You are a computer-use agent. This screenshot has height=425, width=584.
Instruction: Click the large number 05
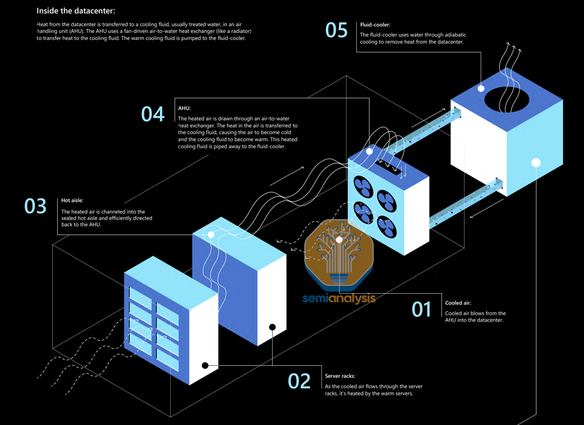coord(336,30)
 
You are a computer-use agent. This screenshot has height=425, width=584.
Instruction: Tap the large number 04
coord(153,114)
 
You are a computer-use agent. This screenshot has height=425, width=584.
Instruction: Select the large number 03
coord(35,206)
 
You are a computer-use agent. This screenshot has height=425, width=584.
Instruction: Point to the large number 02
coord(299,381)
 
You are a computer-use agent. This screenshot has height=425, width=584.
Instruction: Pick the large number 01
coord(421,309)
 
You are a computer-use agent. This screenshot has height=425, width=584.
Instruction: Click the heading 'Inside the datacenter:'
coord(76,11)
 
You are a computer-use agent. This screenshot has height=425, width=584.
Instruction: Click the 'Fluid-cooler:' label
coord(375,25)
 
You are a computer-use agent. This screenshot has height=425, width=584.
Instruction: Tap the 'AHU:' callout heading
coord(184,109)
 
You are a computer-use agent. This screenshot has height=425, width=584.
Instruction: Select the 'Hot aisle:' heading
coord(72,200)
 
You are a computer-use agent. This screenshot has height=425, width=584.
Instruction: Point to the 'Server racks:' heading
coord(340,376)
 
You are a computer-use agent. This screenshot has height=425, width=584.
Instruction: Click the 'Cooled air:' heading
coord(458,303)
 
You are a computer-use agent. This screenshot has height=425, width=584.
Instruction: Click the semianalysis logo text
coord(339,298)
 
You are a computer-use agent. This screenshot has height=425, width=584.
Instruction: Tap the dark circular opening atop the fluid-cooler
coord(507,99)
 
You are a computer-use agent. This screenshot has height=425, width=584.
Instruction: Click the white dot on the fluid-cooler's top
coord(481,88)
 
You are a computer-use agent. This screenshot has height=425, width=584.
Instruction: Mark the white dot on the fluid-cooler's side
coord(536,163)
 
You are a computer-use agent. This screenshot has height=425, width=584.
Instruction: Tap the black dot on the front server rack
coord(205,366)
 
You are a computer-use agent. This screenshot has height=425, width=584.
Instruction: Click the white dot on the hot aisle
coord(211,235)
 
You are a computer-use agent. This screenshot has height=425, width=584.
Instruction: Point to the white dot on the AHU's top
coord(369,151)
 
